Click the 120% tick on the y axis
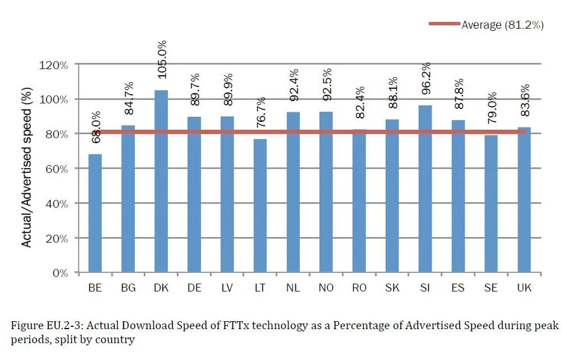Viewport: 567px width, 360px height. click(x=54, y=65)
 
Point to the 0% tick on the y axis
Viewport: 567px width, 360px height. click(x=60, y=273)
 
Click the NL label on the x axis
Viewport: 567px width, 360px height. click(x=293, y=288)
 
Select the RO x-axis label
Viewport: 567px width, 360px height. click(x=359, y=288)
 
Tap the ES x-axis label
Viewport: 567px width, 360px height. click(x=458, y=288)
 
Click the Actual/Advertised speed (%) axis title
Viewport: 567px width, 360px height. click(x=26, y=168)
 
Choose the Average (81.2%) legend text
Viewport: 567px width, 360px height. click(x=502, y=24)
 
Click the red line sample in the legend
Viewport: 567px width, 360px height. click(x=444, y=24)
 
